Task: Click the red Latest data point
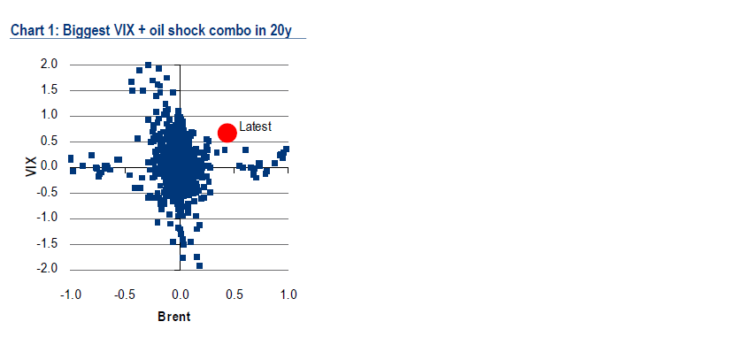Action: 227,134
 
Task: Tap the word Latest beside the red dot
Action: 255,126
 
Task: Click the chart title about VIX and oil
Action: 150,31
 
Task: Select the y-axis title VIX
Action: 31,167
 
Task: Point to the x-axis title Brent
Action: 174,317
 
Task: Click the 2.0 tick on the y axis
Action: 50,65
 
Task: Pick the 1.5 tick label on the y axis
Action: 50,90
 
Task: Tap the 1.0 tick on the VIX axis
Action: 50,116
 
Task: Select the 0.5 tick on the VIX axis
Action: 50,142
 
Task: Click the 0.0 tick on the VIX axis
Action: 50,167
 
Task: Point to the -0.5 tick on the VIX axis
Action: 48,193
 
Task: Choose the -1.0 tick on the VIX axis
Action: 48,218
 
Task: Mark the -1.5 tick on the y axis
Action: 48,244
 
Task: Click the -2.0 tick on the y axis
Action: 48,270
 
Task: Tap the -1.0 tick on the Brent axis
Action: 70,295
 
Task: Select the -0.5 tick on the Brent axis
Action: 125,295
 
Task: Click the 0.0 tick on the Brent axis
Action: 180,295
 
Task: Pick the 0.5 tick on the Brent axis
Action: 235,295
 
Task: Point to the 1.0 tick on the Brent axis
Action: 288,295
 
